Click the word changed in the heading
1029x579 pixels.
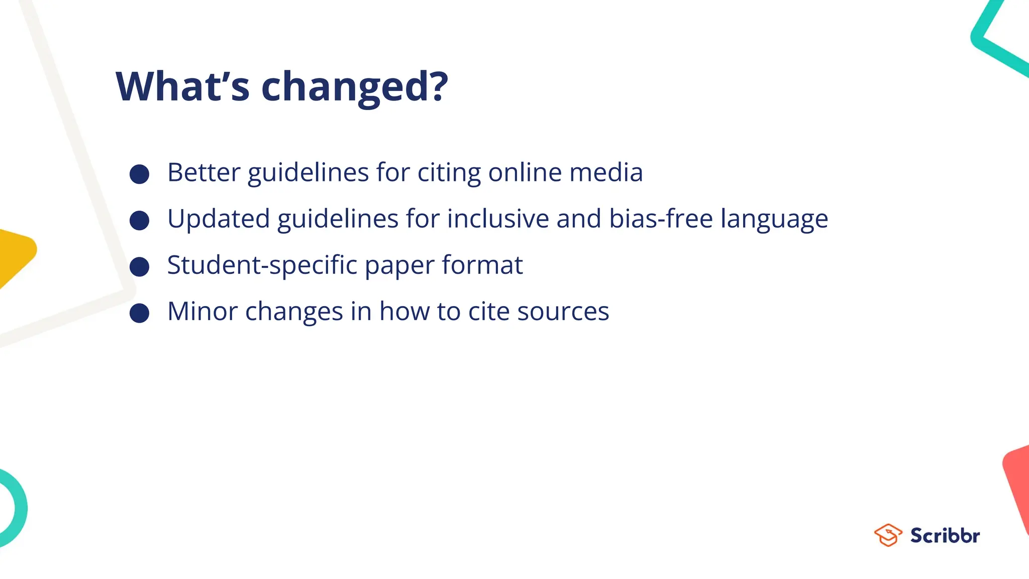point(354,86)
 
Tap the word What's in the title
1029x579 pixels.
point(182,86)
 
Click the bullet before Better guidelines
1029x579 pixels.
point(139,174)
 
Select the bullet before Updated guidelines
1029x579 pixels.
point(139,220)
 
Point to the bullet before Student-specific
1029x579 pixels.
point(139,266)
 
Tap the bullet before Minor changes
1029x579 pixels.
point(139,313)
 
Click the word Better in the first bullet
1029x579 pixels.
point(203,172)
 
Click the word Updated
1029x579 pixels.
point(219,219)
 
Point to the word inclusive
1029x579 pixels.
point(498,219)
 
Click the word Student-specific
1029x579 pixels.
point(262,265)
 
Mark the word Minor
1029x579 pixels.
point(202,311)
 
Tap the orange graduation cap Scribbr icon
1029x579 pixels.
point(888,535)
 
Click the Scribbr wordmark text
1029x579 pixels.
point(945,535)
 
